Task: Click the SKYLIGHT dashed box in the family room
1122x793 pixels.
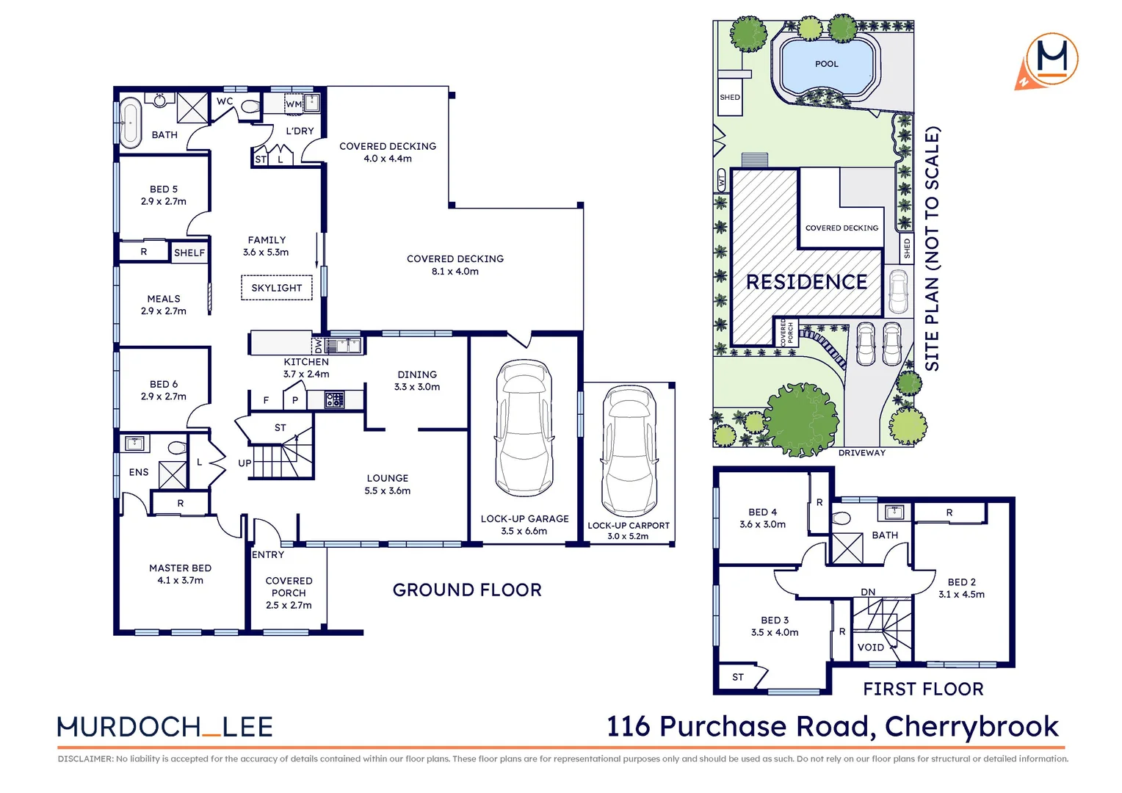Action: pos(277,288)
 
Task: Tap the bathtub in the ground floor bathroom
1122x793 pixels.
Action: pos(131,122)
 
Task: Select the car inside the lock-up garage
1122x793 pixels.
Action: pos(524,428)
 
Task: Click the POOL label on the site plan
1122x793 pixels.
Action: pos(827,64)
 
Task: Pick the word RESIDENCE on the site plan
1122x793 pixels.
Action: pos(806,282)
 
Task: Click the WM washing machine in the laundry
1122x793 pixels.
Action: pos(294,104)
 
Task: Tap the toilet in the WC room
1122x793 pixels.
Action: pos(250,106)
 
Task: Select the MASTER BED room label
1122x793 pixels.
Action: pos(181,568)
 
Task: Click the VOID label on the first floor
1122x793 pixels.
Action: pos(871,647)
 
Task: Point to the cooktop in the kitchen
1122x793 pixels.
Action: pos(335,399)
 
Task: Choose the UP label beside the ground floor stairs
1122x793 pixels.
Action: pos(245,463)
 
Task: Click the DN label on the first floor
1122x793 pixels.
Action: pos(868,592)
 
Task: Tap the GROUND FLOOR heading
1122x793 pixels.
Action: pos(467,590)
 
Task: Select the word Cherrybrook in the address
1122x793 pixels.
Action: pos(971,727)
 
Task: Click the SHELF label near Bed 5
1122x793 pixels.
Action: pos(189,253)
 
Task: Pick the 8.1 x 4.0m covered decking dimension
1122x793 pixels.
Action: pos(455,272)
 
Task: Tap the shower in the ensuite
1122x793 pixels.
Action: pos(173,474)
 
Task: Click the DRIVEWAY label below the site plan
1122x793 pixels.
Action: pos(862,453)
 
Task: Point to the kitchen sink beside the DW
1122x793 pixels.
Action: pos(343,344)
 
